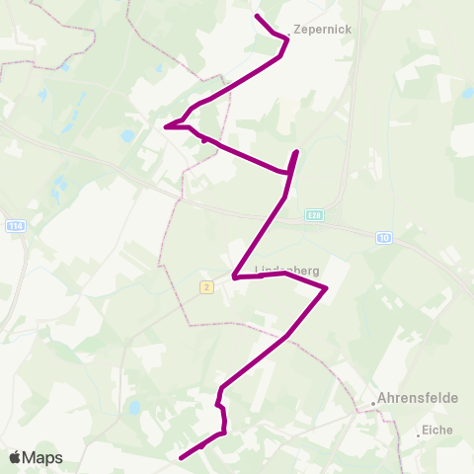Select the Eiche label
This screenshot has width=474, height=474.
click(x=437, y=431)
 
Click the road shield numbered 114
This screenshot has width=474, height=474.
click(x=15, y=226)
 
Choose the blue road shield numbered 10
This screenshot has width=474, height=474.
click(x=383, y=237)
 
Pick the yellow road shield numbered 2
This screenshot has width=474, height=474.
click(x=205, y=287)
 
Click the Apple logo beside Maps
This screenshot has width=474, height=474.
click(x=16, y=458)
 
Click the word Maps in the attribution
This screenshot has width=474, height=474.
click(x=42, y=458)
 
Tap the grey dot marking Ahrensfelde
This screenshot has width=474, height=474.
click(x=373, y=402)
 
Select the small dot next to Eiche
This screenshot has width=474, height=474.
click(x=418, y=432)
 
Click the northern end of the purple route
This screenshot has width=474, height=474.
click(x=257, y=17)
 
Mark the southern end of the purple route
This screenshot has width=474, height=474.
click(x=181, y=457)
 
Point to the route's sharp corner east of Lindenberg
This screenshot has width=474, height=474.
click(x=326, y=288)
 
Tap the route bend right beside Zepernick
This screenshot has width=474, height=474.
click(x=287, y=39)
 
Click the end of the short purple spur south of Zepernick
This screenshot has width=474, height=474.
click(x=296, y=151)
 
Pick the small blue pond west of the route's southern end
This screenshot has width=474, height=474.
click(x=134, y=407)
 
